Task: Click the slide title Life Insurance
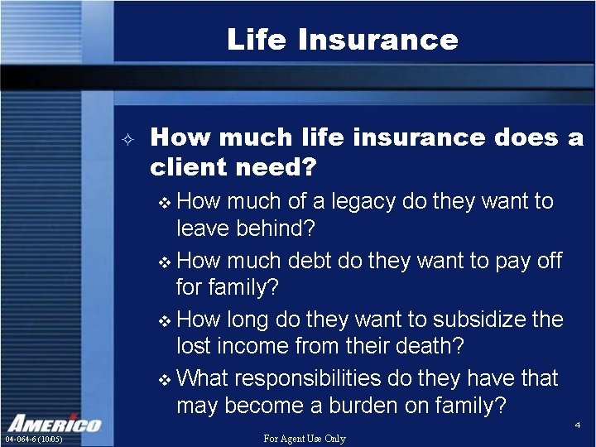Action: (342, 39)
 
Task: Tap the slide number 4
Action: (577, 425)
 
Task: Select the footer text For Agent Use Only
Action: (304, 439)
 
